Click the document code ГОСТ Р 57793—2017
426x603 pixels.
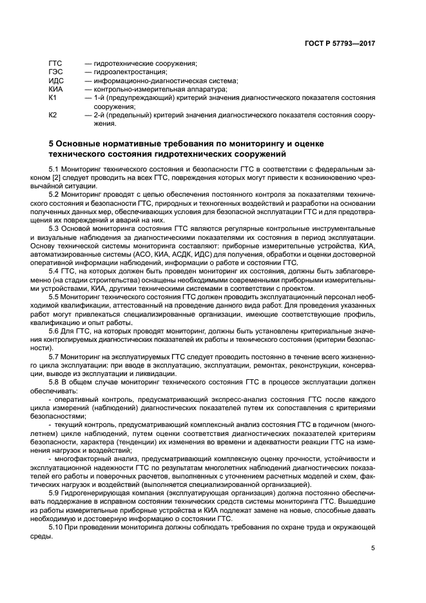339,44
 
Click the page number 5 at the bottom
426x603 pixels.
373,548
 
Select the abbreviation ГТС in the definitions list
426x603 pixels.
55,63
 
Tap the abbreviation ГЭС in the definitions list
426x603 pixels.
55,72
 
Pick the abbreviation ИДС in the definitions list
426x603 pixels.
56,81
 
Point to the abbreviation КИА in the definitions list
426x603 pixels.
55,89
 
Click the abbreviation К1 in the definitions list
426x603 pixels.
53,97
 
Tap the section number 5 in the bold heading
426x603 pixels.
52,143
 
